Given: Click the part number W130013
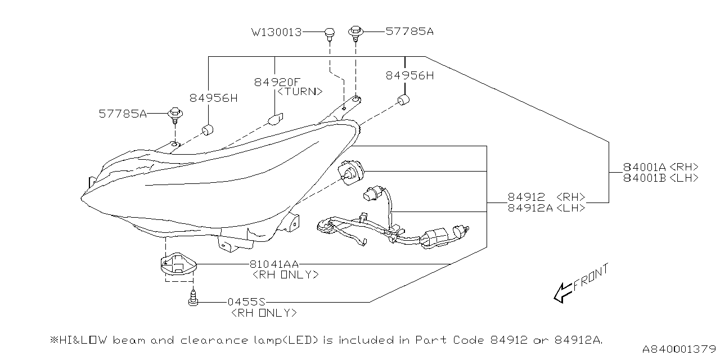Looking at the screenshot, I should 276,32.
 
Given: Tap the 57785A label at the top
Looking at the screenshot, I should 409,31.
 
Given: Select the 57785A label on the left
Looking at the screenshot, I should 123,114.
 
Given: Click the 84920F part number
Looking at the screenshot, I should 278,82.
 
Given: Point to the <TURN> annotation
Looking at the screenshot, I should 300,91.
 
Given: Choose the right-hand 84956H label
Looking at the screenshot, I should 409,75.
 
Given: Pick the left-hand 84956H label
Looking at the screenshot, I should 213,98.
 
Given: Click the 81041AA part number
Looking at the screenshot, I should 274,264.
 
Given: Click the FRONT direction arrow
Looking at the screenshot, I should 564,291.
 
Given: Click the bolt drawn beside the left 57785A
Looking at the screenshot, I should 175,115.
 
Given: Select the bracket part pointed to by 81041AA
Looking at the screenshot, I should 176,263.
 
